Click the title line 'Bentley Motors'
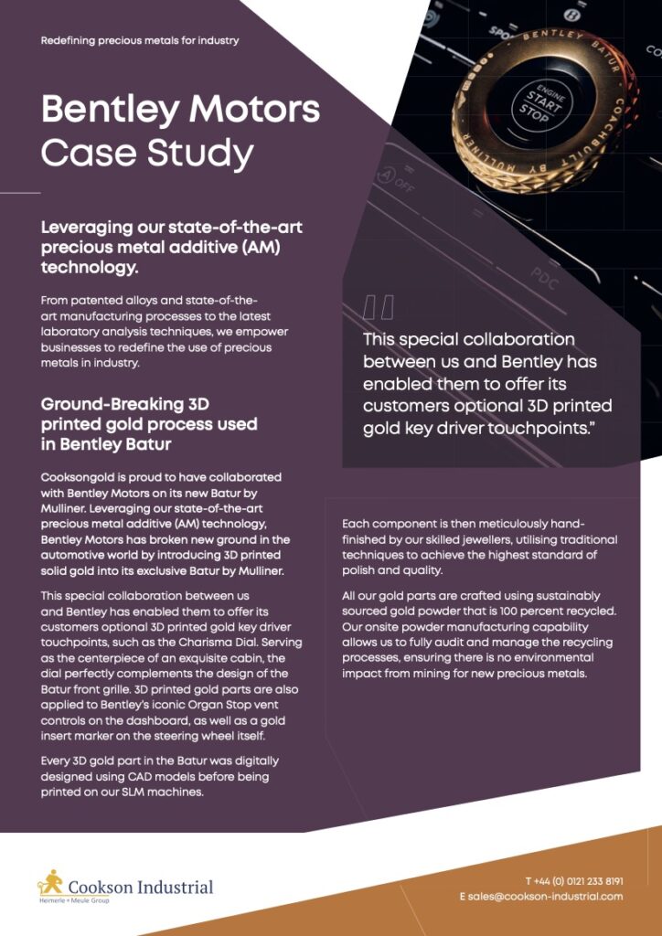coord(180,111)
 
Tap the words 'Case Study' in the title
coord(147,152)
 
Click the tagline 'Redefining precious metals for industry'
coord(140,40)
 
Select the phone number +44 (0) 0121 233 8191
coord(574,881)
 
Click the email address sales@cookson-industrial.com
coord(541,897)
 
